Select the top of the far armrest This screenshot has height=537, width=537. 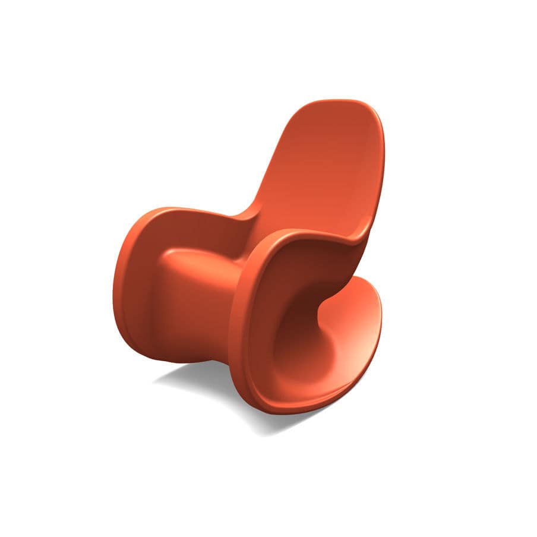point(196,211)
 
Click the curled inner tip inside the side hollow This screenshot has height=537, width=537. point(324,306)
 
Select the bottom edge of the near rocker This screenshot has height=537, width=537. point(285,410)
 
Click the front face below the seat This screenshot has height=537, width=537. point(190,315)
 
